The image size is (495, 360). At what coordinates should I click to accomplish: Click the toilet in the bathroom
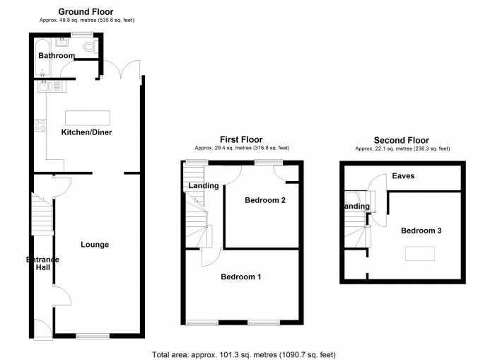(88, 47)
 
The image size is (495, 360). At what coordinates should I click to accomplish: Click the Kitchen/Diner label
(87, 132)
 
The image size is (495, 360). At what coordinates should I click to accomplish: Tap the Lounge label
(95, 245)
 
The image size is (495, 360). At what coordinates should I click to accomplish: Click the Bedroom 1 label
(240, 277)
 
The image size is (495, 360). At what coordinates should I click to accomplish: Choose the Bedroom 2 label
(265, 200)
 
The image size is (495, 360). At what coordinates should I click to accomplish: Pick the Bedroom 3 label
(421, 231)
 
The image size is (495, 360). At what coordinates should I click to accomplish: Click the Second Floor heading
(402, 140)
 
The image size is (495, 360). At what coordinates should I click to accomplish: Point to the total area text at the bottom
(243, 354)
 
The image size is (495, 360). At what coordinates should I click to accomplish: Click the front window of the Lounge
(93, 336)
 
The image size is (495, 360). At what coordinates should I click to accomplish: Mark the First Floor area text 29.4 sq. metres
(243, 149)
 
